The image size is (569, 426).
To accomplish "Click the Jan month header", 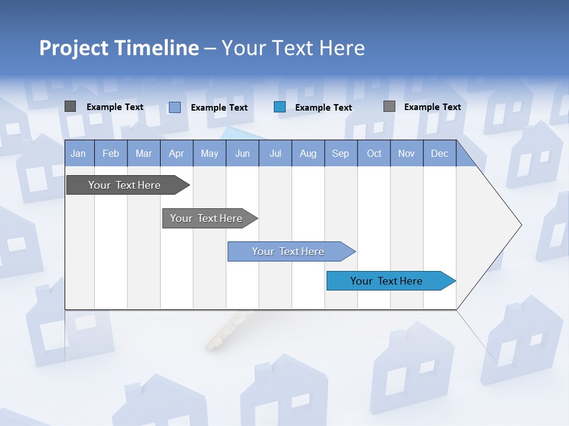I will [x=78, y=154].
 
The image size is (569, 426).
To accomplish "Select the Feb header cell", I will [x=111, y=154].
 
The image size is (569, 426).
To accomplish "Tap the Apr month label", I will [x=177, y=154].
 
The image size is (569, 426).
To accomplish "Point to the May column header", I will [x=209, y=154].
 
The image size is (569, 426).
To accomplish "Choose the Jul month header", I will [x=275, y=154].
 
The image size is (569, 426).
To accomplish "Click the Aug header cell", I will [x=308, y=154].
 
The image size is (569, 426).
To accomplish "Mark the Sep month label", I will [x=341, y=154].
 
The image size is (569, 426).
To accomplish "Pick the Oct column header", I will [x=374, y=154].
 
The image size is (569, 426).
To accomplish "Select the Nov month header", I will [x=407, y=154].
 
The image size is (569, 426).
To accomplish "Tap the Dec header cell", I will [x=439, y=154].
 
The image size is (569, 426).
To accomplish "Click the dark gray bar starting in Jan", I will [x=124, y=185].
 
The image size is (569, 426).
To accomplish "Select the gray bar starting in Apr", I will [x=206, y=218].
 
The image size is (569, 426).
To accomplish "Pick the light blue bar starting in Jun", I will [x=288, y=251].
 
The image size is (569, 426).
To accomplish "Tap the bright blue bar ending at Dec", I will [x=386, y=281].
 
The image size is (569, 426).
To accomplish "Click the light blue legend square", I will [x=175, y=107].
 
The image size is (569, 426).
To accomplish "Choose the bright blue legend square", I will [x=280, y=107].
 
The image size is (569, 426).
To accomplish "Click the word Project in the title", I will [x=74, y=48].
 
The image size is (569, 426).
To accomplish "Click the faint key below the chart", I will [x=225, y=331].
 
